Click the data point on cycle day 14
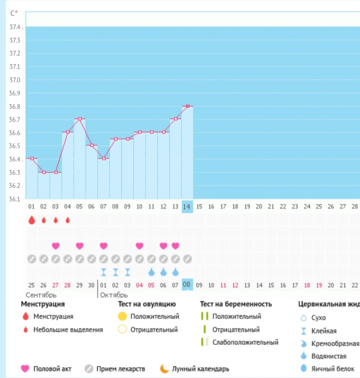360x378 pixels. (x=188, y=106)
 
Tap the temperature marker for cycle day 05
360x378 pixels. (x=80, y=119)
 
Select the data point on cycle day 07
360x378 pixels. (x=104, y=158)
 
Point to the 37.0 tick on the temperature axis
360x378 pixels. (x=15, y=80)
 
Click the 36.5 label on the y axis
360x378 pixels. (x=15, y=146)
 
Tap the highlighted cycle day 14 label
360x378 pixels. (x=187, y=207)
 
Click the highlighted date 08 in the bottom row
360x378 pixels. (x=187, y=285)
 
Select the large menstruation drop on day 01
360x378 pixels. (x=32, y=220)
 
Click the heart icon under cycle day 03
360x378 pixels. (x=56, y=246)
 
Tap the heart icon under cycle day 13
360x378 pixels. (x=175, y=246)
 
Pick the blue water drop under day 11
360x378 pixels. (x=152, y=272)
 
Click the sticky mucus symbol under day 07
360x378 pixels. (x=104, y=272)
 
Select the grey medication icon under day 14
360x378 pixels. (x=188, y=259)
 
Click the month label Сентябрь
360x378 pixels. (x=41, y=295)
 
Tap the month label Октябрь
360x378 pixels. (x=114, y=295)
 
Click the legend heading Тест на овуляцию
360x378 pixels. (x=147, y=304)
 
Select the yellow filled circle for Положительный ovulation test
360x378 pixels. (x=122, y=316)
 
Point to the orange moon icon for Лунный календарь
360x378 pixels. (x=164, y=369)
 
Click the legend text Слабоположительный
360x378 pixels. (x=245, y=342)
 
